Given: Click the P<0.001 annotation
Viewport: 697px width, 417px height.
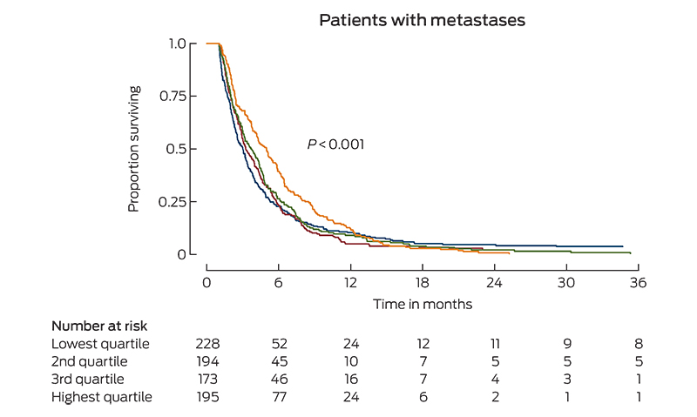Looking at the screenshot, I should click(335, 145).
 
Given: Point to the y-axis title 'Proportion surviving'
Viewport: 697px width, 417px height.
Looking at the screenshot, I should click(134, 148).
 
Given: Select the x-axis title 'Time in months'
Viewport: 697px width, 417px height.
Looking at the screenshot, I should click(423, 304).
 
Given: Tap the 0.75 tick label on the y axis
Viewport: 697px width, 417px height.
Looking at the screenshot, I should click(172, 95).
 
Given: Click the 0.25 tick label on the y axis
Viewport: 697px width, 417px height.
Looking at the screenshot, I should click(172, 201).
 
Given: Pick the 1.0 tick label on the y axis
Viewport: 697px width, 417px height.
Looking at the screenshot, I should click(177, 43).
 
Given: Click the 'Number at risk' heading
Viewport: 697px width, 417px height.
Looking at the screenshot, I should click(98, 326).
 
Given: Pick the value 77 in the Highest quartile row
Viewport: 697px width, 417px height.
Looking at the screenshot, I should click(279, 397).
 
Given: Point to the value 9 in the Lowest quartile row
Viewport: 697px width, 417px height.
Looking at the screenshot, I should click(567, 344).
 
